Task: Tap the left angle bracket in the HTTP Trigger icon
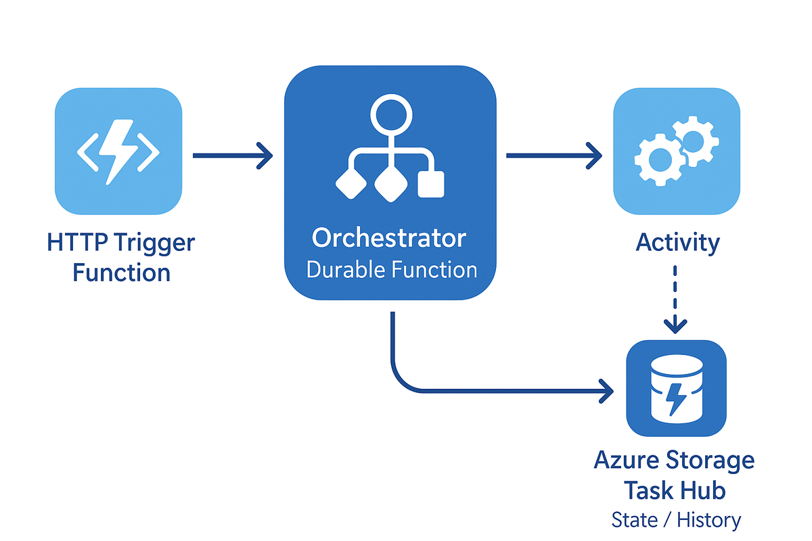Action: [88, 152]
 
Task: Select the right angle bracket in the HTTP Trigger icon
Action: [149, 152]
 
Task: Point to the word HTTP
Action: [78, 242]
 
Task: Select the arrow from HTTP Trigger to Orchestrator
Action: [233, 156]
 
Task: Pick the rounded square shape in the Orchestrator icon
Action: [431, 184]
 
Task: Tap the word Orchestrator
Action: [389, 238]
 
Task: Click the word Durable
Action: [346, 270]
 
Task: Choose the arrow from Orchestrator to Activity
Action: [554, 156]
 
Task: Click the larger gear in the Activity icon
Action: [660, 160]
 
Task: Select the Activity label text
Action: [678, 243]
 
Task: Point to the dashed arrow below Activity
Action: [675, 300]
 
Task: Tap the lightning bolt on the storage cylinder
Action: [677, 399]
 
